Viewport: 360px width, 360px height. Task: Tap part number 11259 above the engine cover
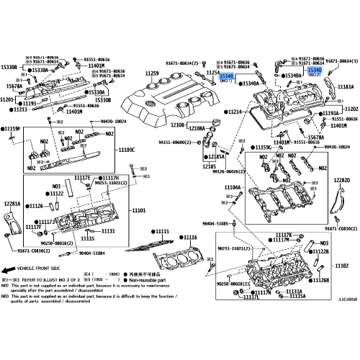click(151, 73)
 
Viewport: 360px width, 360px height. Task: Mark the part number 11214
click(235, 113)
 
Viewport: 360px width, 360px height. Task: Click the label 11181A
click(338, 86)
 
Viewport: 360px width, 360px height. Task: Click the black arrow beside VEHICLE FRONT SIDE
click(12, 266)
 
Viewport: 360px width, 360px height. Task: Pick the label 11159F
click(14, 128)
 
